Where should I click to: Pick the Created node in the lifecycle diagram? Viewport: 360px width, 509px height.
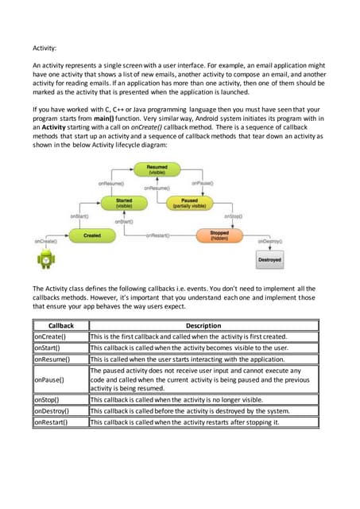pyautogui.click(x=91, y=235)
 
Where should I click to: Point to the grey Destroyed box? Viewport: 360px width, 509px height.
pyautogui.click(x=269, y=259)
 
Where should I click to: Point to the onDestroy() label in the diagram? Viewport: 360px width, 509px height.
pyautogui.click(x=270, y=240)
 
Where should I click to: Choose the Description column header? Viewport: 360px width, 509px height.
pyautogui.click(x=203, y=325)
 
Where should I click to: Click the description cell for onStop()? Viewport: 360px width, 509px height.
pyautogui.click(x=203, y=399)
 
